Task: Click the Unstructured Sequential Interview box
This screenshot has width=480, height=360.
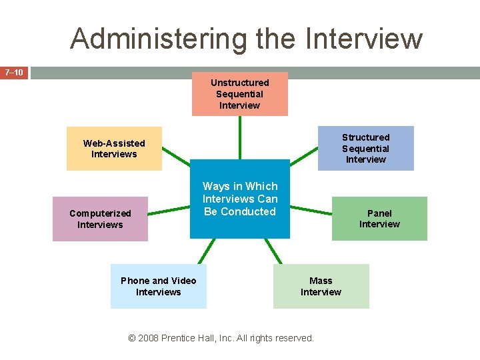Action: click(x=240, y=94)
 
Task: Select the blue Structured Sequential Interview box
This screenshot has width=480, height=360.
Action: click(x=365, y=148)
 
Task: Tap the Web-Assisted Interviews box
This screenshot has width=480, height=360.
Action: click(x=114, y=149)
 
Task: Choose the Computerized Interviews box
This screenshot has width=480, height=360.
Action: click(x=100, y=219)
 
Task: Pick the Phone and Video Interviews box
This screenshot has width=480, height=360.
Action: click(x=158, y=286)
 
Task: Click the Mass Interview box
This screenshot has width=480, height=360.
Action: click(x=321, y=286)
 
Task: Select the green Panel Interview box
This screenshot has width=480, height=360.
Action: click(x=379, y=219)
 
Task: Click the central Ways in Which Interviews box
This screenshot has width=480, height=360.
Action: click(x=240, y=199)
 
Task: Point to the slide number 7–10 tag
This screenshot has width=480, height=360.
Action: click(x=14, y=72)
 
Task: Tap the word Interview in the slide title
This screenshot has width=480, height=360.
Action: click(x=364, y=39)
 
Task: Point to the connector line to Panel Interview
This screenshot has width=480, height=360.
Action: click(x=311, y=209)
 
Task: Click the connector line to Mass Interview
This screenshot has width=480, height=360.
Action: click(x=273, y=251)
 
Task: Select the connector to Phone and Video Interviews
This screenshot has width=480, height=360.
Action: click(x=199, y=251)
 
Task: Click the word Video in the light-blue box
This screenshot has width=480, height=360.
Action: click(x=183, y=281)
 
